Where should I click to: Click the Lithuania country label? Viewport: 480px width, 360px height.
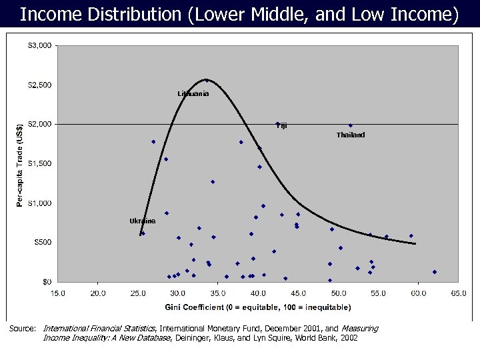click(193, 94)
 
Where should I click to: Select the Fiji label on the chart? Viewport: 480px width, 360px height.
click(282, 125)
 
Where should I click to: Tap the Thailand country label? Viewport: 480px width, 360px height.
click(351, 135)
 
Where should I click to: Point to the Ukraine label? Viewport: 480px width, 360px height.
click(142, 221)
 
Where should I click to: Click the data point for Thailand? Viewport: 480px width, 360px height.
click(351, 125)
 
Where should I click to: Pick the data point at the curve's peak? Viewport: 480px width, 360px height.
click(206, 81)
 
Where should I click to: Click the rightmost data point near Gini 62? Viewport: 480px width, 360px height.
click(434, 272)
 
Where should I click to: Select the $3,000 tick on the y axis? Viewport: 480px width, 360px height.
click(38, 46)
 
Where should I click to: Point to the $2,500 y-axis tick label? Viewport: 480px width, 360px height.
click(38, 85)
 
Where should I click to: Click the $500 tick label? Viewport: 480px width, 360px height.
click(41, 243)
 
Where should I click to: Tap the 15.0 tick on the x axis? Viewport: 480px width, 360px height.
click(58, 293)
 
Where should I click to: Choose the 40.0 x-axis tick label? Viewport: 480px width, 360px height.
click(258, 293)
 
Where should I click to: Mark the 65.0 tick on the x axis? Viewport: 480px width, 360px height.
click(458, 293)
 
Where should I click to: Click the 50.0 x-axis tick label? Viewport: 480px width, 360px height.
click(338, 293)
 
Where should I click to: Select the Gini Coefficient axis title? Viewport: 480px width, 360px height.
click(258, 307)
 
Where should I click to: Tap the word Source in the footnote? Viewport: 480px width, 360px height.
click(21, 329)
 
